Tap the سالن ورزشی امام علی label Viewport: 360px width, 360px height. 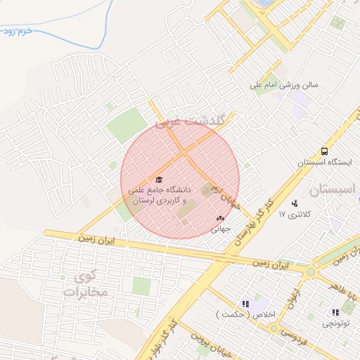coord(285,85)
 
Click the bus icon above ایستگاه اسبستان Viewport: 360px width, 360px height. coord(324,151)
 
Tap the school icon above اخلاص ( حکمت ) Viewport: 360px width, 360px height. coord(245,304)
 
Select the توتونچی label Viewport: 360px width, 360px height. coord(334,323)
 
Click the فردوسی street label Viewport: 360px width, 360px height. coord(290,330)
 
